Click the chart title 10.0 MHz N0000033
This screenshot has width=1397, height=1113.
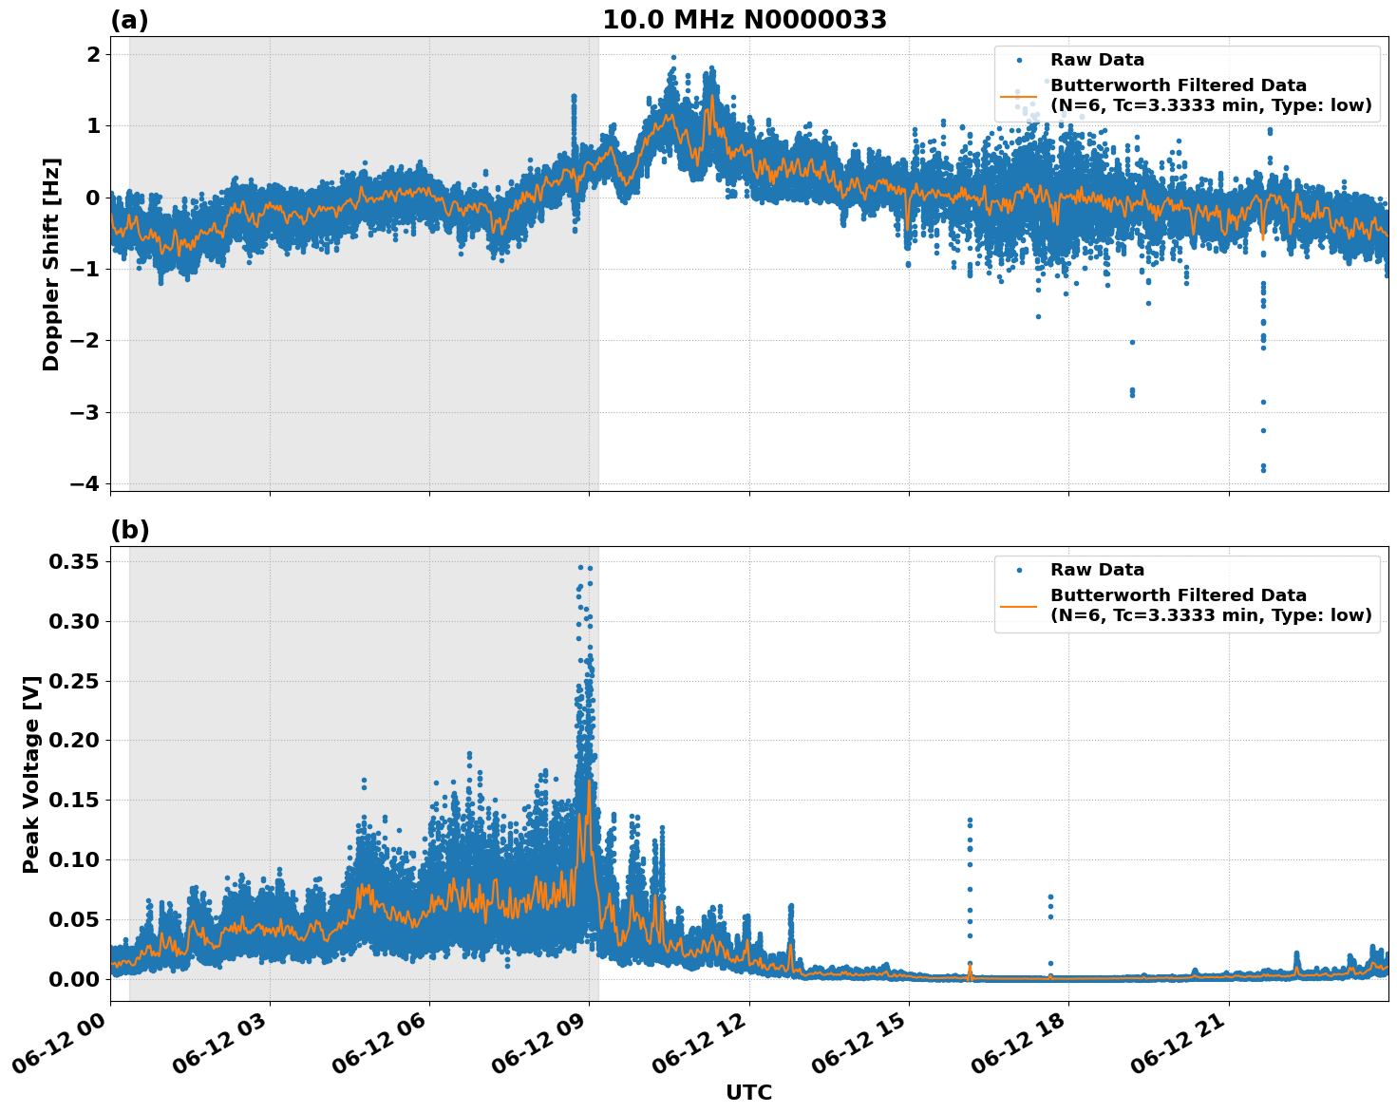[745, 20]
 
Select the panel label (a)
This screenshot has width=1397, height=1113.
[129, 20]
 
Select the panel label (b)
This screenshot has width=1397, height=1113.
[129, 530]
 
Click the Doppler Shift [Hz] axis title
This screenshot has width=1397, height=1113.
[51, 264]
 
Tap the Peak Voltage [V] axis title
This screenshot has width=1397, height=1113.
[31, 774]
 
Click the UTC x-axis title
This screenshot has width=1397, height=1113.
[748, 1092]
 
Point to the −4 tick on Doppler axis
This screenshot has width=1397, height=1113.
[84, 483]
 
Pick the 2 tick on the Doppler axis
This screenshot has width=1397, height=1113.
[93, 54]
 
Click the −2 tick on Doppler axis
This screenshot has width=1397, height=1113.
[84, 340]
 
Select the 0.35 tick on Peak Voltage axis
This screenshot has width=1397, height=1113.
[75, 561]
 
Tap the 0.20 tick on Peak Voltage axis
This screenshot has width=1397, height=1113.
[75, 740]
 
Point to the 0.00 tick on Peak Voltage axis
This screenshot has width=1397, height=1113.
[75, 979]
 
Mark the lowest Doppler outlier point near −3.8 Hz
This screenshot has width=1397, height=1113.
[1263, 469]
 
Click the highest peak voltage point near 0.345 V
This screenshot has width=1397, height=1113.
[581, 567]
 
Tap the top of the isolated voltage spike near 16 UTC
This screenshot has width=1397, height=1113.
[970, 820]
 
